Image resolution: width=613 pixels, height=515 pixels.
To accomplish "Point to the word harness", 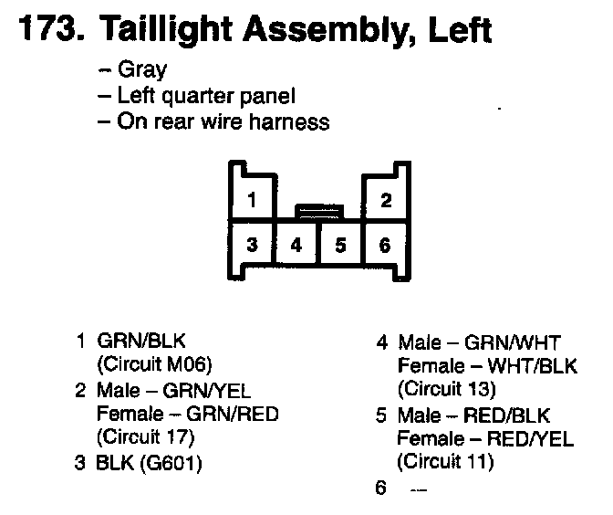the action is pos(289,121).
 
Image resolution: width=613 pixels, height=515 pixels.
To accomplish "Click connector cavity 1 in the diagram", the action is pos(252,200).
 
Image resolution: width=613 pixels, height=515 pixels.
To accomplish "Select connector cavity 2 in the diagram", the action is pos(386,200).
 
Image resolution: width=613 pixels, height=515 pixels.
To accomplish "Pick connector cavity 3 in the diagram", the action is pos(252,244).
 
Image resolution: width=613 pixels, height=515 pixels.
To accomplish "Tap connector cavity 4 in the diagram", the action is pos(296,244).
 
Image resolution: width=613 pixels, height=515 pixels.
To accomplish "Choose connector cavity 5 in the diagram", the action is pos(340,244).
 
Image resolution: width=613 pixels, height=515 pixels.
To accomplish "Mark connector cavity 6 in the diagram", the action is pos(385,244).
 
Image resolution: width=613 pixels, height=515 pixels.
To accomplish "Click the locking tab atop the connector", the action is pos(318,212).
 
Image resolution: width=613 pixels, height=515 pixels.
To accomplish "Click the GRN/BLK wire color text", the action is pos(140,342).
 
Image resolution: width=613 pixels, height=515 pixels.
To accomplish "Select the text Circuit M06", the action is pos(154,364).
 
